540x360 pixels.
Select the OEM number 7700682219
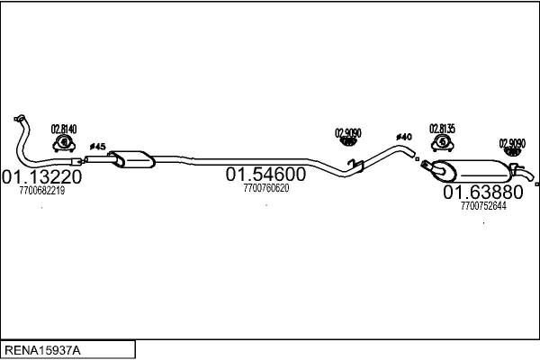click(42, 190)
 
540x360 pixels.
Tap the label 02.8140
click(63, 129)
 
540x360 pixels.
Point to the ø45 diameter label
click(98, 147)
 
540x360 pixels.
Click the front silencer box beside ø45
click(131, 158)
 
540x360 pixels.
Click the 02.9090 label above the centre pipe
click(348, 133)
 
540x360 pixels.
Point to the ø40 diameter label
click(403, 137)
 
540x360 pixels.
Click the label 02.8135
click(442, 128)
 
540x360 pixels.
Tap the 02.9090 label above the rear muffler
click(513, 142)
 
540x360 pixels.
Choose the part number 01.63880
click(482, 193)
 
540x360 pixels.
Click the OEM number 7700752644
click(483, 205)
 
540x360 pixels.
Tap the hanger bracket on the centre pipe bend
click(357, 163)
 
